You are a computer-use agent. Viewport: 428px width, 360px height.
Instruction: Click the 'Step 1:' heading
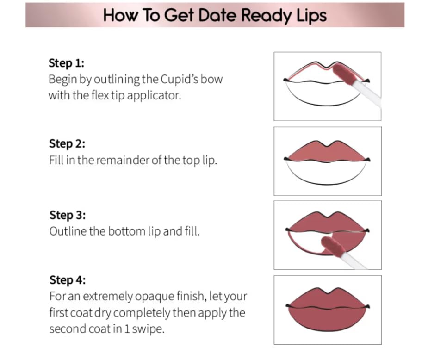pyautogui.click(x=66, y=63)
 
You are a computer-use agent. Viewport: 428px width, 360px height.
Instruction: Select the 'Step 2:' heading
pyautogui.click(x=67, y=143)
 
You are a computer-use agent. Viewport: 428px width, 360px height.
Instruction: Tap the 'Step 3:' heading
pyautogui.click(x=68, y=215)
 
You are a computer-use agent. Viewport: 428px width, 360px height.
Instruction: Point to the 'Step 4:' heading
pyautogui.click(x=68, y=280)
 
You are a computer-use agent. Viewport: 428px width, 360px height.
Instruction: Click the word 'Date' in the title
pyautogui.click(x=217, y=15)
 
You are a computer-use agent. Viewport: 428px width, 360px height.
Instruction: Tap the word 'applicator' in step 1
pyautogui.click(x=154, y=95)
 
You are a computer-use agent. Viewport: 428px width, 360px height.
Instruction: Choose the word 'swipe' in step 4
pyautogui.click(x=148, y=329)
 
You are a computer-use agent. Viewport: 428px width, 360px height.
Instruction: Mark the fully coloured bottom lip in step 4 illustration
pyautogui.click(x=327, y=318)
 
